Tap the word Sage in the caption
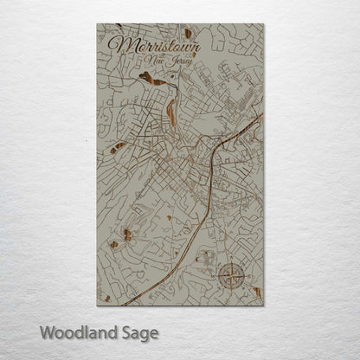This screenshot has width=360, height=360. (140, 332)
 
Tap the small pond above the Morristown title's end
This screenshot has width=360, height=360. (188, 34)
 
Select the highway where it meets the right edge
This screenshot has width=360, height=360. (261, 114)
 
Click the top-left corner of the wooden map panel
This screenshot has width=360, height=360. (96, 25)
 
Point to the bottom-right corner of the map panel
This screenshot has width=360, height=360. (263, 305)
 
